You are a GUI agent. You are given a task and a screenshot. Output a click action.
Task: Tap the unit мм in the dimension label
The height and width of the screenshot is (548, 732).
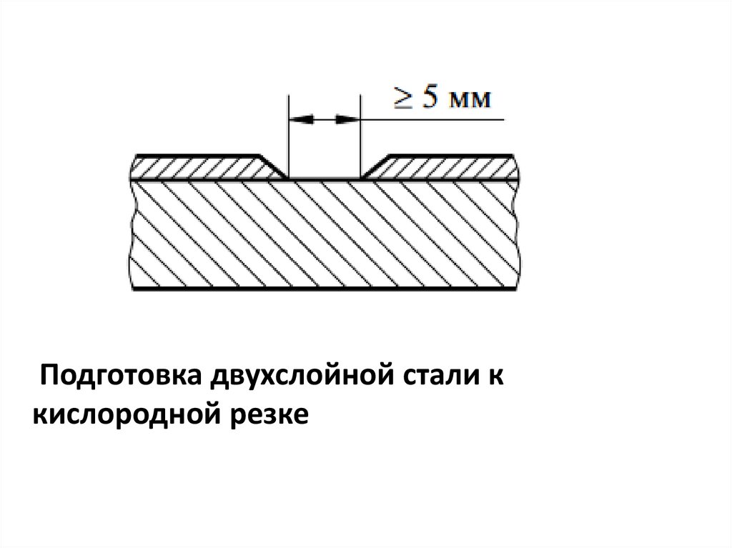(470, 100)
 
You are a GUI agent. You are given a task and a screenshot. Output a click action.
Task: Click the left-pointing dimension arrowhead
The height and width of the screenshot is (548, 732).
(301, 120)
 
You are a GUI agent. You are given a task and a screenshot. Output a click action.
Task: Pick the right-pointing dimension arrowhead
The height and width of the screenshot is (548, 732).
(346, 120)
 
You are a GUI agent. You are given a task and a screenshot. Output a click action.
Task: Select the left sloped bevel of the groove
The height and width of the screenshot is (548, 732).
(273, 166)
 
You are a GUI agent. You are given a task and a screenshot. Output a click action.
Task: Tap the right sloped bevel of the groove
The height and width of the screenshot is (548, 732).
(374, 166)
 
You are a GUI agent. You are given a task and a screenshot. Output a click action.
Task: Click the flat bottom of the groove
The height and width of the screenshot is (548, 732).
(323, 178)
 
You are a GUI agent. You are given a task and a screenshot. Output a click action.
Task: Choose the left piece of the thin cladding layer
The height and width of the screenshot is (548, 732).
(200, 168)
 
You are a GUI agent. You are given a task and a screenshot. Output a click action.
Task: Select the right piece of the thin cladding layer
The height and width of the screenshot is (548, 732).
(447, 168)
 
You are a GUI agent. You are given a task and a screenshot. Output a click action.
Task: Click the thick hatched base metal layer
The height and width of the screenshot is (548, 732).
(323, 236)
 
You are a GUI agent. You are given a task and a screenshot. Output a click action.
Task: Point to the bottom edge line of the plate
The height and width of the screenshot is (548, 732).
(323, 289)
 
